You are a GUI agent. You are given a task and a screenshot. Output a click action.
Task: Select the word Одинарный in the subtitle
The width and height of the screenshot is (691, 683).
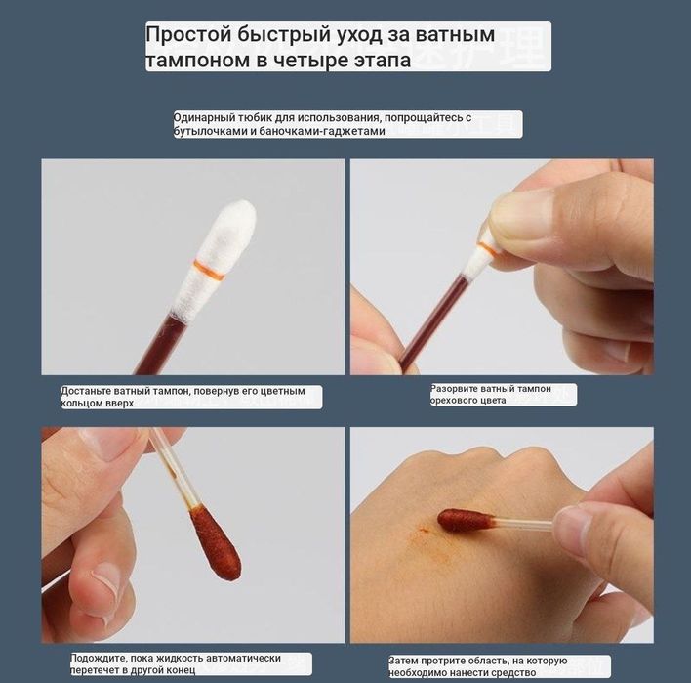pos(205,118)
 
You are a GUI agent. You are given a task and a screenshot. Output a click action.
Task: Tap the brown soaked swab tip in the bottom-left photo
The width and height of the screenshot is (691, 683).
pos(214,540)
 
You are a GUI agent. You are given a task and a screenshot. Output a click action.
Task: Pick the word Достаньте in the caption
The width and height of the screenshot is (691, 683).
pos(91,391)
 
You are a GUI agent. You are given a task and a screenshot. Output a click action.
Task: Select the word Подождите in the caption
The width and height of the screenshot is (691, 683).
pos(100,659)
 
